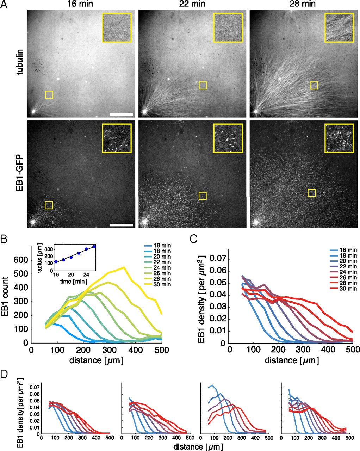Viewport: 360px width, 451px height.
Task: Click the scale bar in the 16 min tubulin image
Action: tap(121, 115)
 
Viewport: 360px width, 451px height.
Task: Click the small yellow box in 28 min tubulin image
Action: tap(314, 85)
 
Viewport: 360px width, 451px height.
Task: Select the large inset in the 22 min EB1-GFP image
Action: tap(228, 138)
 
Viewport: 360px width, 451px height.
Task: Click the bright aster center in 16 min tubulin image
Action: tap(33, 111)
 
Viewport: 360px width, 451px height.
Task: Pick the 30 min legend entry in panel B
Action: tap(161, 284)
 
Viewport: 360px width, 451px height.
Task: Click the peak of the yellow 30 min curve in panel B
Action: tap(124, 267)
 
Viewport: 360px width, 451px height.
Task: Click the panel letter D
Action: tap(5, 373)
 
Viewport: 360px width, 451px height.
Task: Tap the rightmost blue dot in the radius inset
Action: tap(94, 247)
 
